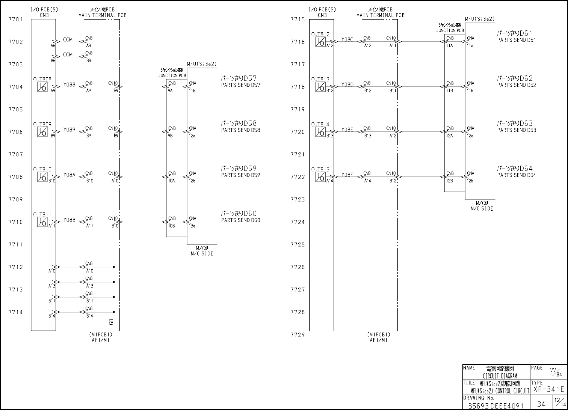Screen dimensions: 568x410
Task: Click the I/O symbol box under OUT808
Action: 42,87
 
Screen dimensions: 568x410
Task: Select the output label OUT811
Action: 42,215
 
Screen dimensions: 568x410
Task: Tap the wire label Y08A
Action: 69,175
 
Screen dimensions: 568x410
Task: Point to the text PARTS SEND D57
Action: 240,85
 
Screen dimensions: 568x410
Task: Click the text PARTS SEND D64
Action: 517,175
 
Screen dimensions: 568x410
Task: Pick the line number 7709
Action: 15,199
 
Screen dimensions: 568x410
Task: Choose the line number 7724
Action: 298,222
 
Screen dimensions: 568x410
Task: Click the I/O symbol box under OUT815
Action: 320,177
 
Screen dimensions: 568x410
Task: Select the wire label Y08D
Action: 347,84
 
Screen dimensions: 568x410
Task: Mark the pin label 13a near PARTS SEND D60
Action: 192,226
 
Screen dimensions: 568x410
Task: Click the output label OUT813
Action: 320,80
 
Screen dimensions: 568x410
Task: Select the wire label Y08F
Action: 347,175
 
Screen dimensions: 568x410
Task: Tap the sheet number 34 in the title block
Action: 541,404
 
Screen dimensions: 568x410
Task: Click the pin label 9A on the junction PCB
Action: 170,91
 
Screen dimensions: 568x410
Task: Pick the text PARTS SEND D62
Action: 517,85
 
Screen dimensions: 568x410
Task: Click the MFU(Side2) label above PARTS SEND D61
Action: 480,19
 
